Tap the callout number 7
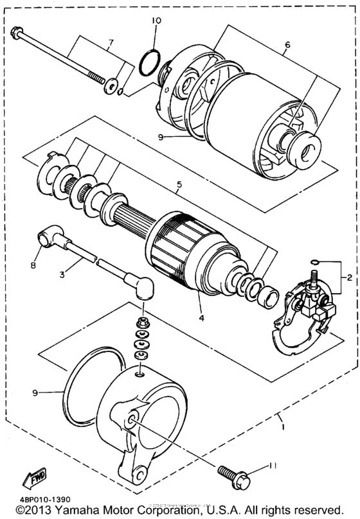110,44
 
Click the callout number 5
179,184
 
